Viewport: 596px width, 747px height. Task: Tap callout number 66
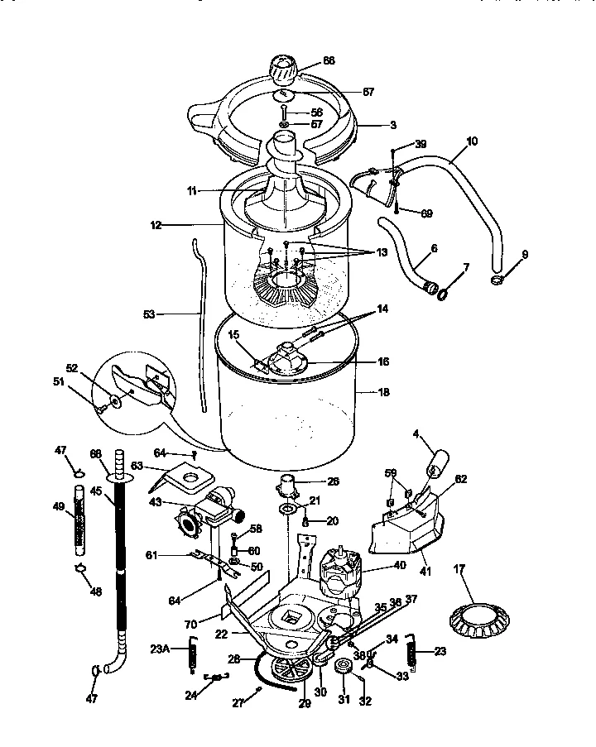click(x=329, y=61)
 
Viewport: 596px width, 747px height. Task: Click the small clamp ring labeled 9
click(x=497, y=281)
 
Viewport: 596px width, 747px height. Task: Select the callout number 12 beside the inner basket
click(x=157, y=224)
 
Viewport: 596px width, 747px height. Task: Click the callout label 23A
click(x=161, y=649)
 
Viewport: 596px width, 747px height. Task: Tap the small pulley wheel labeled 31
click(x=341, y=668)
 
